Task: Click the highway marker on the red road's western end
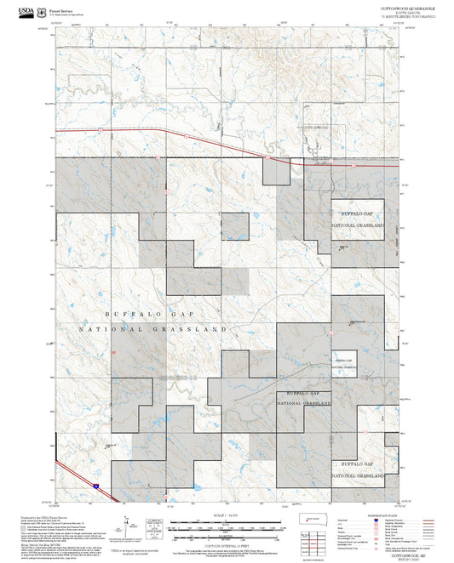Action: (x=101, y=130)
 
